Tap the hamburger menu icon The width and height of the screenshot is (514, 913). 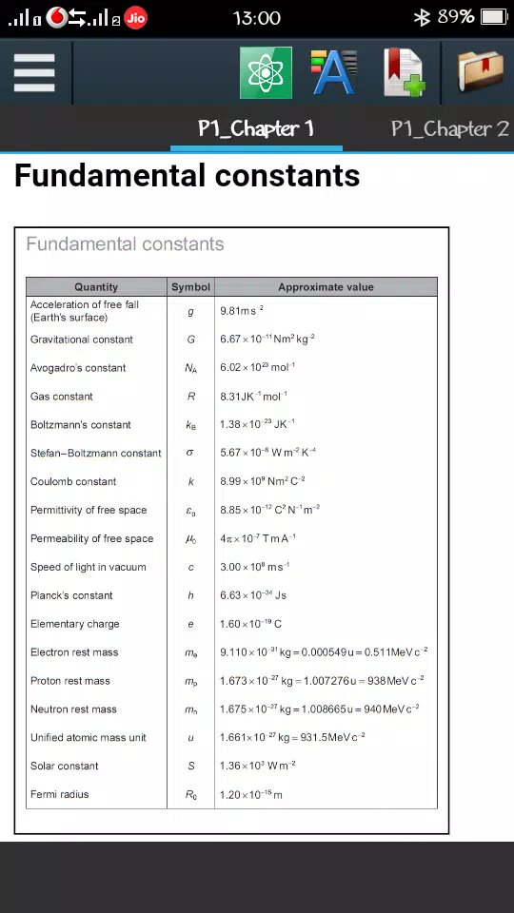click(34, 72)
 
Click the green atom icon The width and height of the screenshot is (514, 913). click(266, 72)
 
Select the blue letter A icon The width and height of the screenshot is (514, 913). click(334, 72)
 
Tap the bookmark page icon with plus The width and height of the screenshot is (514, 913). click(404, 72)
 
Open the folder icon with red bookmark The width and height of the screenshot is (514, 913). click(481, 72)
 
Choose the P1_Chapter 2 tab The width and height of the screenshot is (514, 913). click(450, 128)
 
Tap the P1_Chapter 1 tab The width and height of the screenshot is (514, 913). click(256, 128)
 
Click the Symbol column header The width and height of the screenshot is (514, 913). click(190, 286)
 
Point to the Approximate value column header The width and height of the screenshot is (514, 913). click(326, 286)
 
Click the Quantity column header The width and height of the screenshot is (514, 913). click(96, 286)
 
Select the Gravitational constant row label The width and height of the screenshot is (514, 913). click(82, 340)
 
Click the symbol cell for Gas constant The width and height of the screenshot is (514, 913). click(190, 397)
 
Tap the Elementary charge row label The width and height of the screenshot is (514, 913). click(75, 624)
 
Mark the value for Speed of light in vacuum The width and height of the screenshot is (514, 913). click(255, 567)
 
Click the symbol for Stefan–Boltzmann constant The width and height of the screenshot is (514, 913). click(190, 454)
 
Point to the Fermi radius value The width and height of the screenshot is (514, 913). click(251, 794)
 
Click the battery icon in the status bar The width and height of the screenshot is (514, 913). click(494, 17)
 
